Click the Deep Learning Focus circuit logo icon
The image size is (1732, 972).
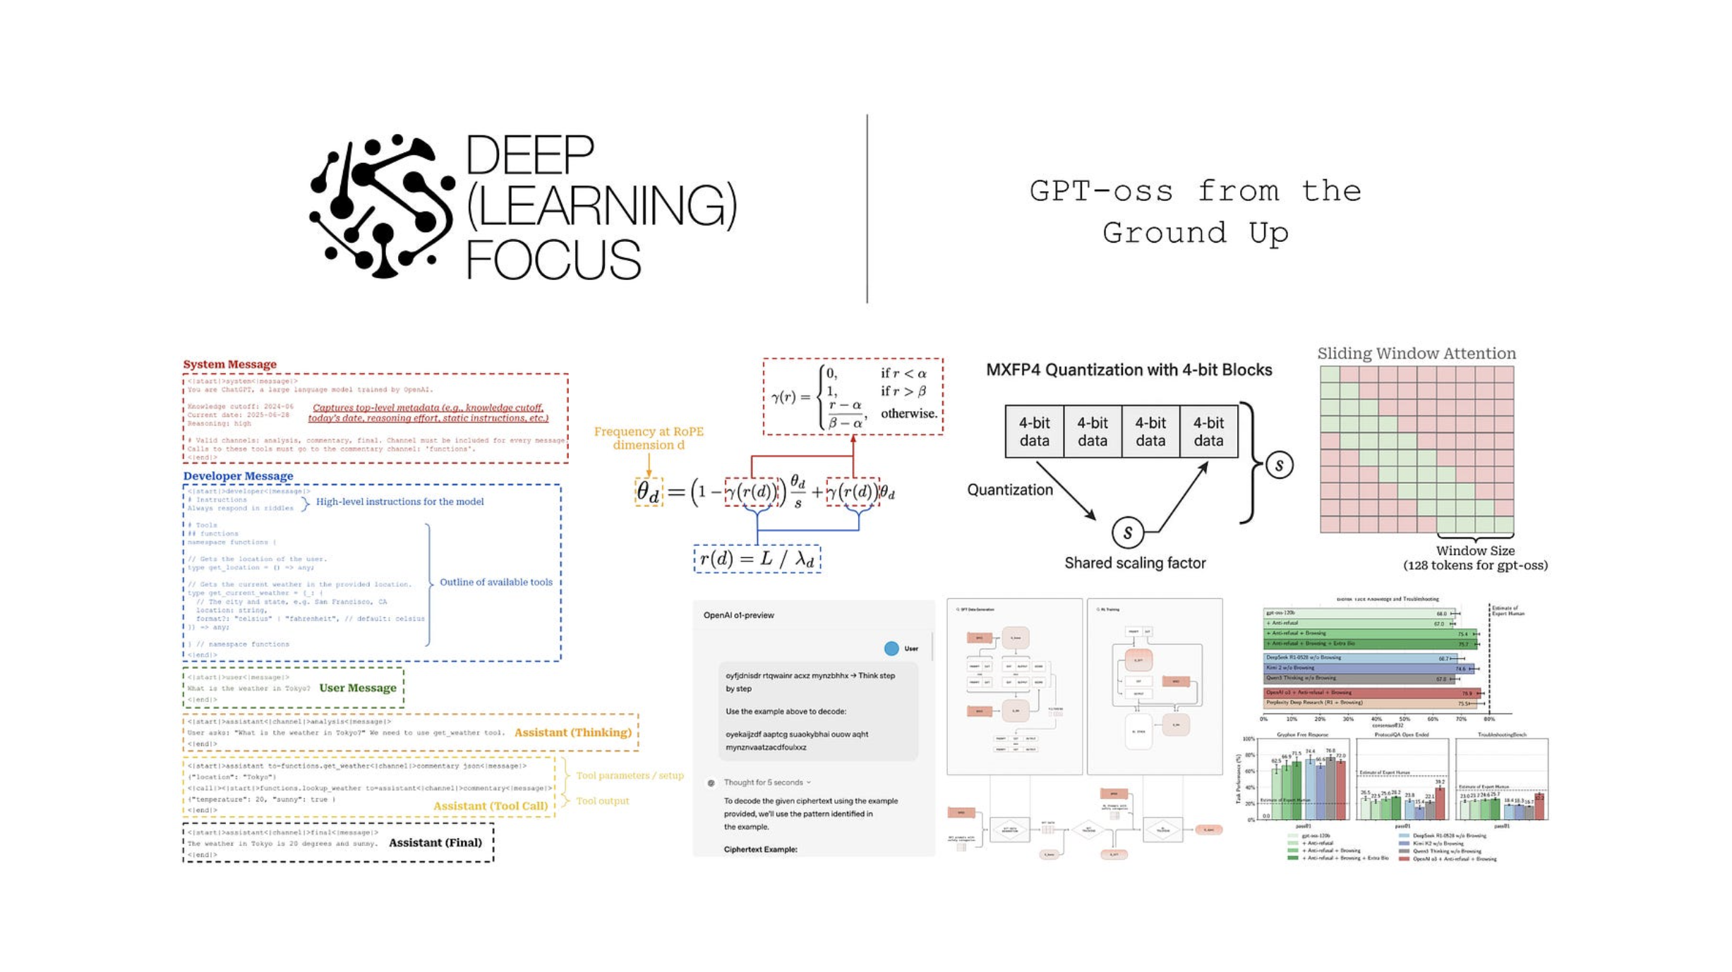point(381,207)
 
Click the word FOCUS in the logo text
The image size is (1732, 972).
point(553,260)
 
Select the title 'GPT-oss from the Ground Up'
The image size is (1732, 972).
point(1195,212)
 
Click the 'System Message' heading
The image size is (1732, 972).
point(229,364)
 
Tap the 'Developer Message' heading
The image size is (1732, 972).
point(238,475)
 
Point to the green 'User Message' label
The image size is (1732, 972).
point(357,688)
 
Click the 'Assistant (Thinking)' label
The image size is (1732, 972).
point(572,732)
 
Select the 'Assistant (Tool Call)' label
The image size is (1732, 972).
point(490,806)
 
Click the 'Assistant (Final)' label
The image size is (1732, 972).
point(435,842)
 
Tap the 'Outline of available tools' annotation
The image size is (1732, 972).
point(495,582)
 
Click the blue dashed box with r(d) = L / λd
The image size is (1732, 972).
point(757,559)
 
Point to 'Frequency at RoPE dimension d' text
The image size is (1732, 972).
point(648,438)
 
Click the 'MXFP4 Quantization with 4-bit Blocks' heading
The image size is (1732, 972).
point(1129,370)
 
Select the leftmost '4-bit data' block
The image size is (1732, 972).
point(1034,432)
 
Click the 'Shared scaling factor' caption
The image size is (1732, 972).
point(1134,563)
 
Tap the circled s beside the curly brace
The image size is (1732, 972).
point(1279,465)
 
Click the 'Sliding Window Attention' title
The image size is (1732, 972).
point(1416,353)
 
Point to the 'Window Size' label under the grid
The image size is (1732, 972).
point(1474,551)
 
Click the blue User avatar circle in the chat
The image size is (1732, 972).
point(891,648)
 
